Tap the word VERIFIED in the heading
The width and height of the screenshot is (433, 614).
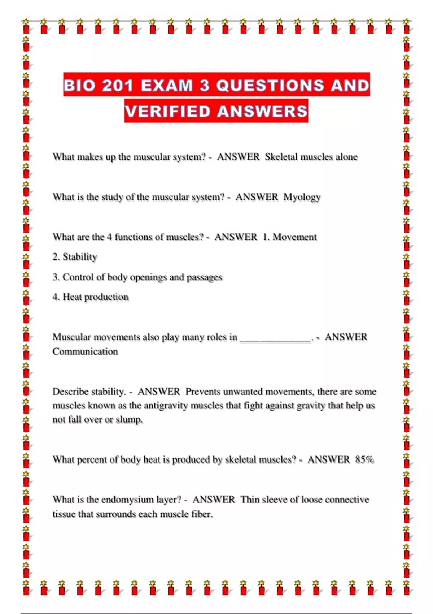point(168,111)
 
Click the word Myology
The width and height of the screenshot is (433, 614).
point(302,197)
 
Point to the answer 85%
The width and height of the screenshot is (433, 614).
point(364,459)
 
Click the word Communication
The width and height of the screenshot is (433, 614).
point(85,351)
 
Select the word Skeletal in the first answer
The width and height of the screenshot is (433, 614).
point(281,157)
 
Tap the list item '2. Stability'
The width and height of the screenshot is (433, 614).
point(75,257)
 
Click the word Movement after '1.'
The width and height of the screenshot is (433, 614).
point(294,237)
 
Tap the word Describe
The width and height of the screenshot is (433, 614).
point(70,392)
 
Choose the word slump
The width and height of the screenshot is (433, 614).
point(129,420)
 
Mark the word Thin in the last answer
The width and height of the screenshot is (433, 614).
point(250,500)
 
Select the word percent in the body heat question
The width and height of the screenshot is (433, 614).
point(92,460)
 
